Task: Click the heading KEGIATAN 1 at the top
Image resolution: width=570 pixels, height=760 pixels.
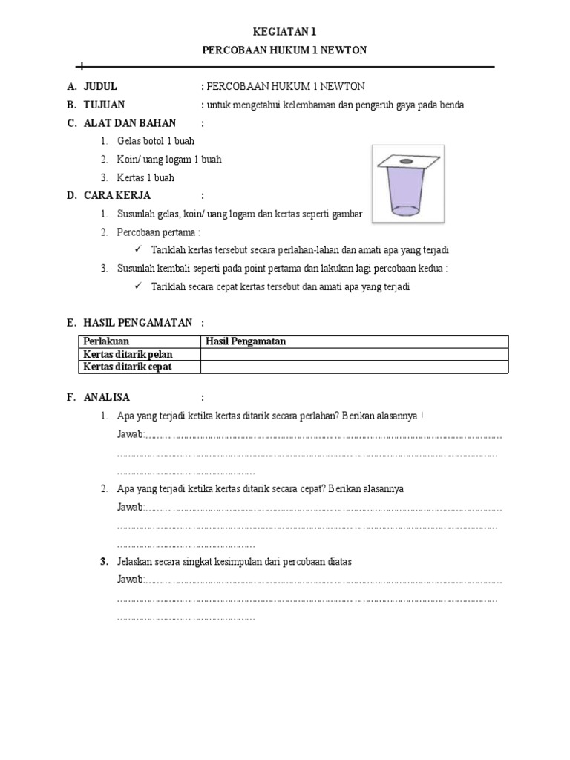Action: click(285, 32)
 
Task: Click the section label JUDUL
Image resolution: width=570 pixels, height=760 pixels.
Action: click(100, 86)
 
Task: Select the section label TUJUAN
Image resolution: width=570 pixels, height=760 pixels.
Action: click(104, 105)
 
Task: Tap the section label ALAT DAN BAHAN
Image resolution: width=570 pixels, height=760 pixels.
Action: click(124, 122)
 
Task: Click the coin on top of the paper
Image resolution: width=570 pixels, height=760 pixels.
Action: click(406, 160)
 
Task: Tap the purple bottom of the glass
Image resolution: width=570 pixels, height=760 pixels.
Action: click(406, 209)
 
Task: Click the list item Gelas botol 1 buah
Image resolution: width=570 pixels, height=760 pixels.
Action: click(156, 141)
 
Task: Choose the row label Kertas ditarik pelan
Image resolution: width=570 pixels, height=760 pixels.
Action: click(128, 354)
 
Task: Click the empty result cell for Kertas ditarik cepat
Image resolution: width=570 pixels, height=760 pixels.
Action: click(354, 367)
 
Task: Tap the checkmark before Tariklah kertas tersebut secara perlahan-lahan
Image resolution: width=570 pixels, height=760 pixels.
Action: click(139, 250)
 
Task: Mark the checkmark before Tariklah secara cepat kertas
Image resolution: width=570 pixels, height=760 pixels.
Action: click(139, 286)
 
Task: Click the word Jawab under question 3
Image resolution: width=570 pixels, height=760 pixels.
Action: click(129, 580)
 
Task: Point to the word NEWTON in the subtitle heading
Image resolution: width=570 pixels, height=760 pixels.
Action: click(340, 50)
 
